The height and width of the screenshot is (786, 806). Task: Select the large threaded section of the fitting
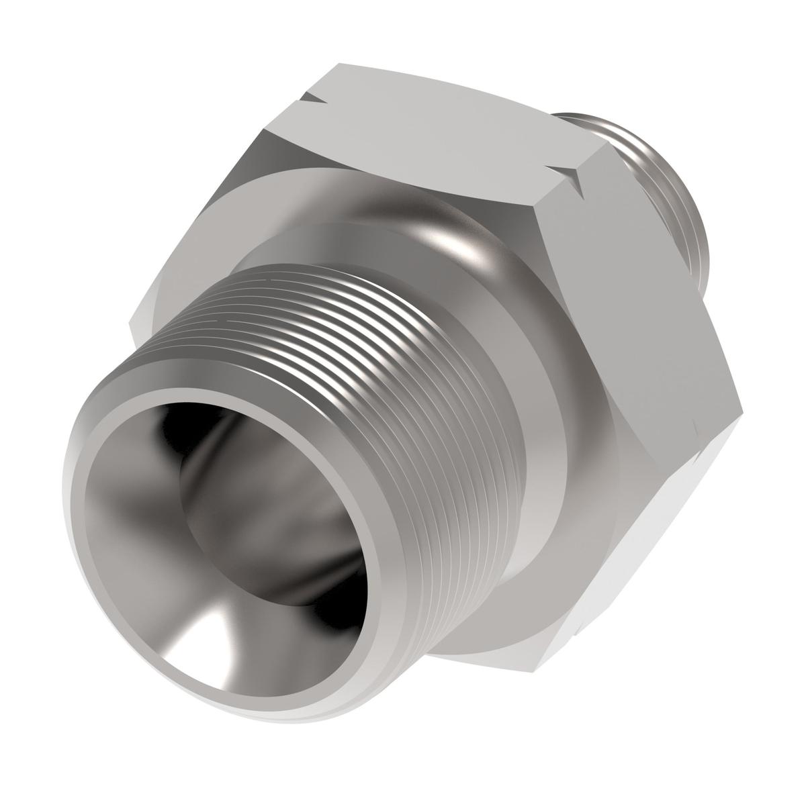(x=376, y=376)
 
